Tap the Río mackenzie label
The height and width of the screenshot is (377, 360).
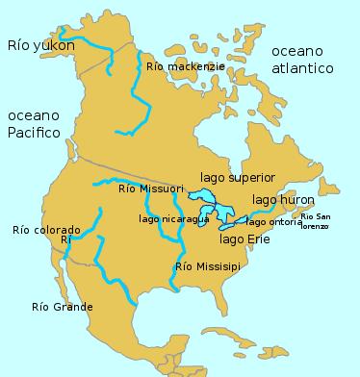tap(187, 67)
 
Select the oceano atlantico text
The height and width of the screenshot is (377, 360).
tap(301, 60)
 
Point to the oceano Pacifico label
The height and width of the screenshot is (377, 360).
tap(35, 124)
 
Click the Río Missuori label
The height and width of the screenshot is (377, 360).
tap(151, 189)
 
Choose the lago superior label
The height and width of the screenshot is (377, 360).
tap(238, 178)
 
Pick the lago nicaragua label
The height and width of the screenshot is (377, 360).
tap(173, 219)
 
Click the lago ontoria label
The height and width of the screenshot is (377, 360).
tap(273, 222)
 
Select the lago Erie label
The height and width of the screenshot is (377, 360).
tap(245, 239)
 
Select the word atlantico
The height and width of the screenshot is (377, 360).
tap(301, 68)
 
